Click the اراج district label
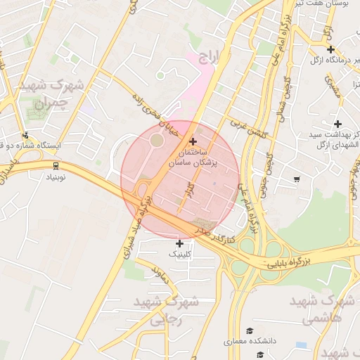(210, 57)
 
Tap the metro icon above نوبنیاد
(56, 165)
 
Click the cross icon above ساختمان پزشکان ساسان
(193, 141)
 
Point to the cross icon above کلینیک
(179, 243)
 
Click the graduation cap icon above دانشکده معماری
(249, 330)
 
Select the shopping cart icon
(297, 179)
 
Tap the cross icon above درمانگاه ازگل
(330, 49)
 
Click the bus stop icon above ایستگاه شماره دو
(26, 135)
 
